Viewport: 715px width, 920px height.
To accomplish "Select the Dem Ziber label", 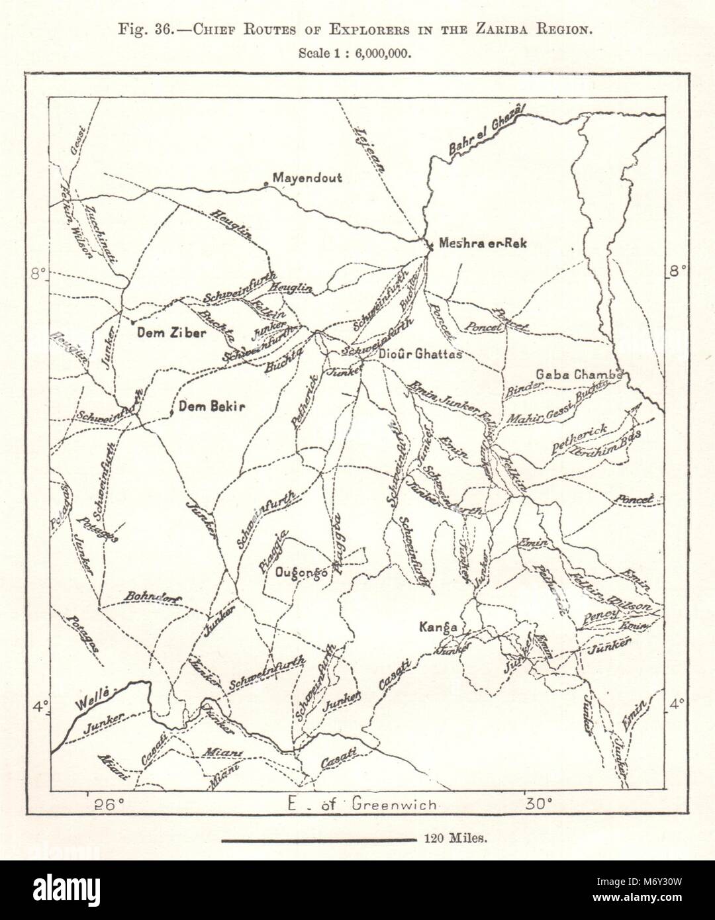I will click(171, 334).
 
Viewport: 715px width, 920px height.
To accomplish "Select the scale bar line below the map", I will click(317, 839).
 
